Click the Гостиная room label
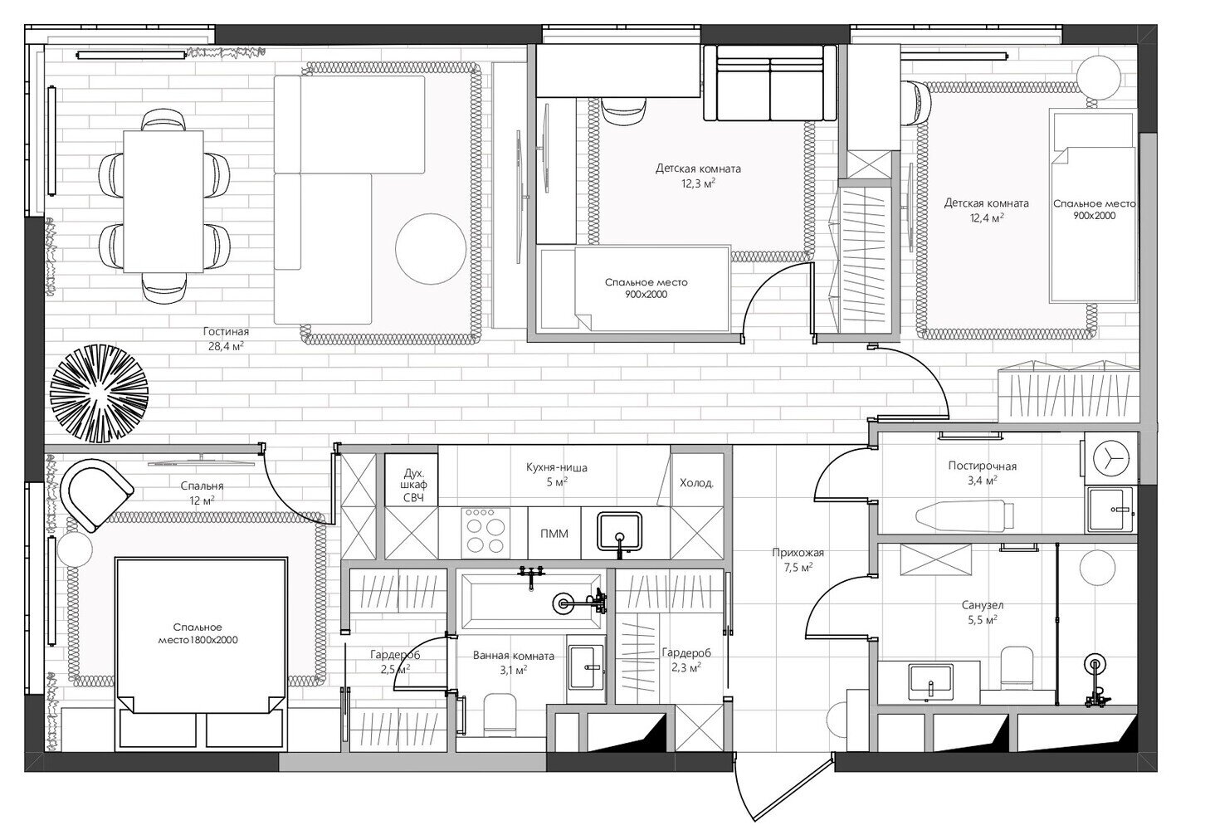pyautogui.click(x=226, y=331)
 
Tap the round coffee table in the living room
pyautogui.click(x=431, y=248)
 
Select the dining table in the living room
pyautogui.click(x=163, y=201)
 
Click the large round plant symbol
pyautogui.click(x=99, y=393)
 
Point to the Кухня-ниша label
pyautogui.click(x=556, y=467)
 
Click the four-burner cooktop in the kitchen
pyautogui.click(x=485, y=532)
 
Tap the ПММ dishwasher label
pyautogui.click(x=554, y=534)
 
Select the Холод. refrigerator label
pyautogui.click(x=696, y=483)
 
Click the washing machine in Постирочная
pyautogui.click(x=1110, y=457)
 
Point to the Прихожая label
pyautogui.click(x=798, y=552)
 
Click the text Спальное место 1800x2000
pyautogui.click(x=198, y=634)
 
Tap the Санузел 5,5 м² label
pyautogui.click(x=982, y=613)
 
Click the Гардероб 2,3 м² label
pyautogui.click(x=686, y=660)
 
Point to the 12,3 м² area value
pyautogui.click(x=698, y=183)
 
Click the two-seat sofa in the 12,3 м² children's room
pyautogui.click(x=770, y=83)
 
